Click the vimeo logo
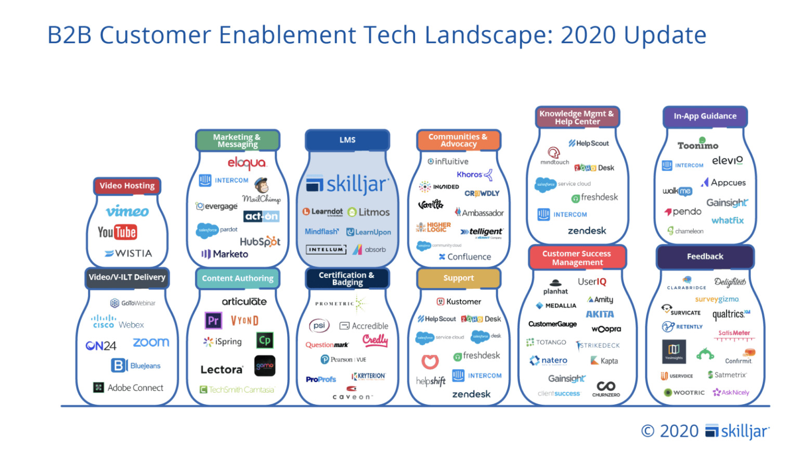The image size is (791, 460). click(127, 211)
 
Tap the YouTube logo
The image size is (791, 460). click(117, 232)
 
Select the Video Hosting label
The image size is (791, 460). click(127, 186)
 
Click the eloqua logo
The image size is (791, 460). click(247, 163)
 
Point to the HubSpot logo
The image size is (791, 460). click(260, 241)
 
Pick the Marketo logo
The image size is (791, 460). click(225, 254)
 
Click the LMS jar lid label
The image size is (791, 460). click(347, 140)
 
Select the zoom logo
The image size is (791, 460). click(151, 342)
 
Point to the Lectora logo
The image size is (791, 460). click(222, 369)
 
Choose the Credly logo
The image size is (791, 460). click(375, 340)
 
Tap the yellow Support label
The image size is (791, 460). click(458, 278)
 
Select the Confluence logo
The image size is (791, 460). click(464, 257)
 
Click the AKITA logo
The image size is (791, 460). click(600, 314)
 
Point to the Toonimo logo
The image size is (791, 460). click(697, 145)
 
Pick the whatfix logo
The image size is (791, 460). click(727, 221)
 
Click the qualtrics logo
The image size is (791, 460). click(731, 314)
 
